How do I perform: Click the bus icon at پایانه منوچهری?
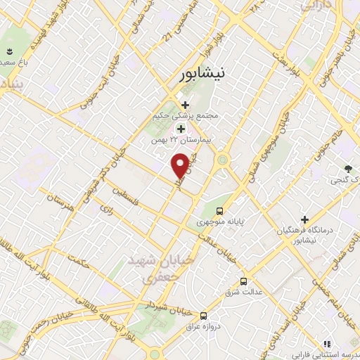221,210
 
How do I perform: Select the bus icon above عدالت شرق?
243,280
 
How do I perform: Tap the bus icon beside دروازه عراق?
203,316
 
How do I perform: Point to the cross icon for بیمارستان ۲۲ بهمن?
181,129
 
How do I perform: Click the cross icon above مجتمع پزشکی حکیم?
185,105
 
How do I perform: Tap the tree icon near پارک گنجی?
348,169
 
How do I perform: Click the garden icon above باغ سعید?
10,52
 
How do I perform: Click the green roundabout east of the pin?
224,160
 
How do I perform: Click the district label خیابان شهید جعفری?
149,269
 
